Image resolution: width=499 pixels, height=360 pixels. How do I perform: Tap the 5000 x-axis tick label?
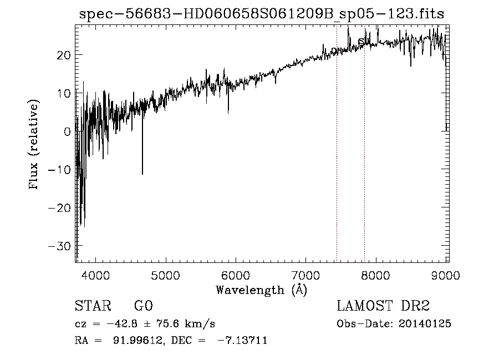coord(166,273)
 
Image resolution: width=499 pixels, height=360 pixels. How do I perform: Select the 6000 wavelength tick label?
coord(236,273)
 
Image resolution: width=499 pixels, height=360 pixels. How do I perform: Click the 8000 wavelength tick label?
coord(376,273)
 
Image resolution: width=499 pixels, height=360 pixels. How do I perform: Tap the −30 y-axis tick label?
coord(59,246)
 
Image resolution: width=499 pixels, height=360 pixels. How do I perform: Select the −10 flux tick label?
coord(59,170)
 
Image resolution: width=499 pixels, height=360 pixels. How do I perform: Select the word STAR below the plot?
coord(92,306)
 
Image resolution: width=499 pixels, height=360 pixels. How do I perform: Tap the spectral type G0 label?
coord(143,306)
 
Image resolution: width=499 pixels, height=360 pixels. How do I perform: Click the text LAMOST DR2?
coord(383,306)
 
